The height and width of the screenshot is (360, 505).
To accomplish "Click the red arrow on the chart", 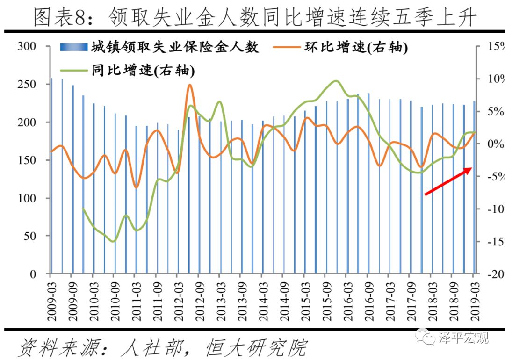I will (448, 181).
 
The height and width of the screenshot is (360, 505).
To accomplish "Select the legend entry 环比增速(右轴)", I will (355, 48).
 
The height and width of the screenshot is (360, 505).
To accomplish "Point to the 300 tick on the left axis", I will (26, 46).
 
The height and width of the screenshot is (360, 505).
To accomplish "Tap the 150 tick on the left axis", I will (26, 160).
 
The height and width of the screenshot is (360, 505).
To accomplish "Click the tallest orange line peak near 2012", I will (189, 85).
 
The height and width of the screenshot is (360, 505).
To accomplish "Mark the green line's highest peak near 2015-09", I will (336, 81).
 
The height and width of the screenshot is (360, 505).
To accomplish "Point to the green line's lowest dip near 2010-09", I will (113, 241).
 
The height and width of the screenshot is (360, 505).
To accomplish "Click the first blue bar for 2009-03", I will (51, 175).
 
